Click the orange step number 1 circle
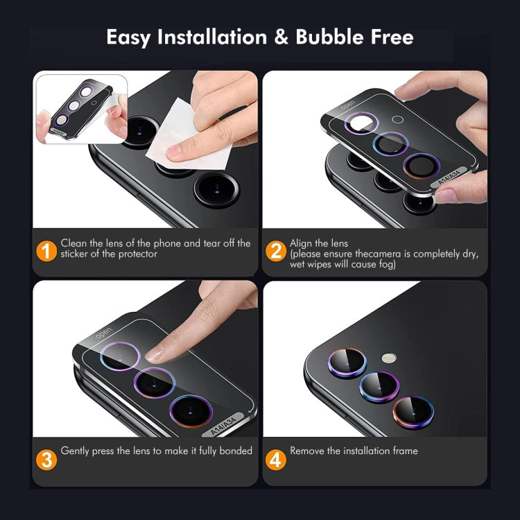tap(46, 250)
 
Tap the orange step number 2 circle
tap(276, 250)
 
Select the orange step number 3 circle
tap(46, 459)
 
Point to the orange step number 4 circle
tap(276, 459)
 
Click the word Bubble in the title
tap(329, 37)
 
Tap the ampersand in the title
tap(281, 37)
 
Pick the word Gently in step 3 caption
tap(76, 451)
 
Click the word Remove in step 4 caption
tap(306, 451)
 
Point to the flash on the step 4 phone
tap(387, 358)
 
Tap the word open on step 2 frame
tap(347, 104)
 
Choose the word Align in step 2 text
tap(302, 243)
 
